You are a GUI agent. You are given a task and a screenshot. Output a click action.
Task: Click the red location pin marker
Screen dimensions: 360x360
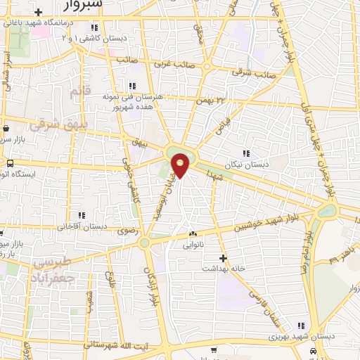[181, 165]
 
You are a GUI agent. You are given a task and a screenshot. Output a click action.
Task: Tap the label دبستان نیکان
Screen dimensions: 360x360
[246, 165]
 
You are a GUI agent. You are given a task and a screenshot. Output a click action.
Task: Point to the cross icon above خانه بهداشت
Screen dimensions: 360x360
[223, 257]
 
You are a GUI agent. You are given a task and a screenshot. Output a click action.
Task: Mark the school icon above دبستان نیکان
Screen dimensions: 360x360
[246, 153]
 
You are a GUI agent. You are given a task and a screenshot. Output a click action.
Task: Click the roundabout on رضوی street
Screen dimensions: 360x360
[145, 243]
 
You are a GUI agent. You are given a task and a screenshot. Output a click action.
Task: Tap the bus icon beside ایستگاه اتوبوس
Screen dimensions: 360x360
[9, 163]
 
